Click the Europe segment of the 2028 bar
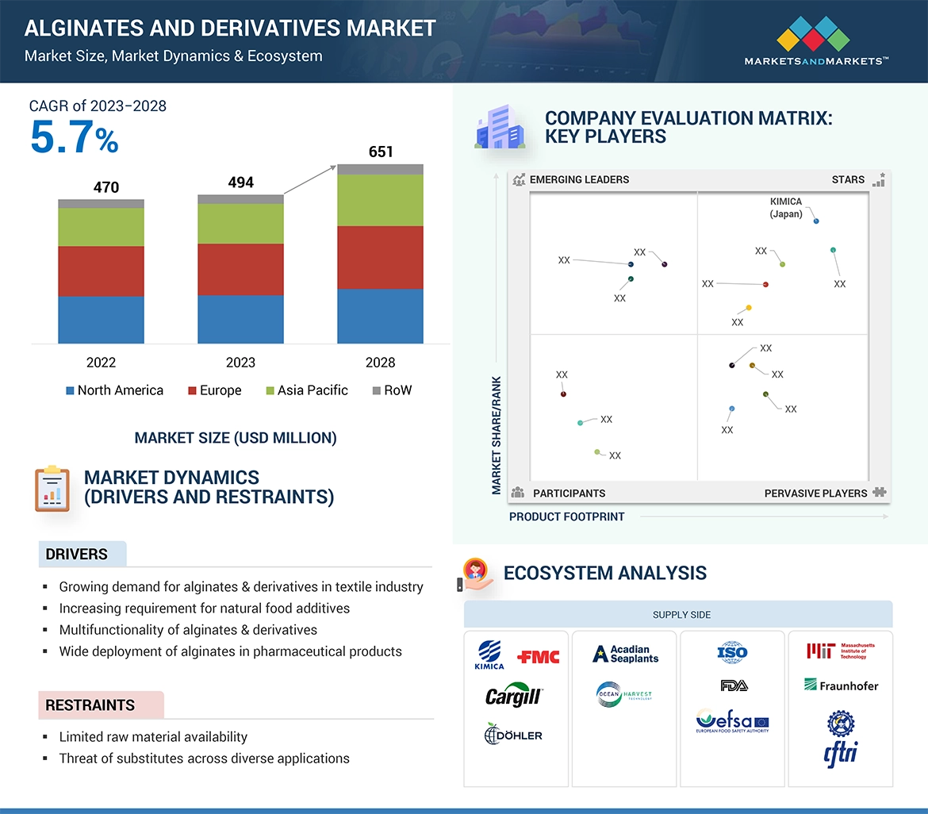pyautogui.click(x=380, y=257)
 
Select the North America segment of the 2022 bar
pyautogui.click(x=101, y=320)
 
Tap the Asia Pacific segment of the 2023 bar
pyautogui.click(x=240, y=224)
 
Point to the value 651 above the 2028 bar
pyautogui.click(x=381, y=152)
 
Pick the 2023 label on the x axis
pyautogui.click(x=240, y=363)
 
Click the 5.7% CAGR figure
pyautogui.click(x=74, y=137)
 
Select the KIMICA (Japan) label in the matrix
pyautogui.click(x=786, y=208)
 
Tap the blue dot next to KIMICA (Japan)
pyautogui.click(x=816, y=221)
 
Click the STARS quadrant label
pyautogui.click(x=848, y=180)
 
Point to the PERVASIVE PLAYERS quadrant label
pyautogui.click(x=815, y=493)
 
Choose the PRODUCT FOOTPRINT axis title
pyautogui.click(x=566, y=516)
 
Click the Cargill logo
pyautogui.click(x=513, y=697)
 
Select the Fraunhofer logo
pyautogui.click(x=841, y=685)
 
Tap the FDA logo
pyautogui.click(x=733, y=685)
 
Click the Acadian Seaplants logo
pyautogui.click(x=625, y=654)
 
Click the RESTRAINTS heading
pyautogui.click(x=90, y=705)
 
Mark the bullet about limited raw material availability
pyautogui.click(x=153, y=737)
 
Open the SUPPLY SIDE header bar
pyautogui.click(x=681, y=615)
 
